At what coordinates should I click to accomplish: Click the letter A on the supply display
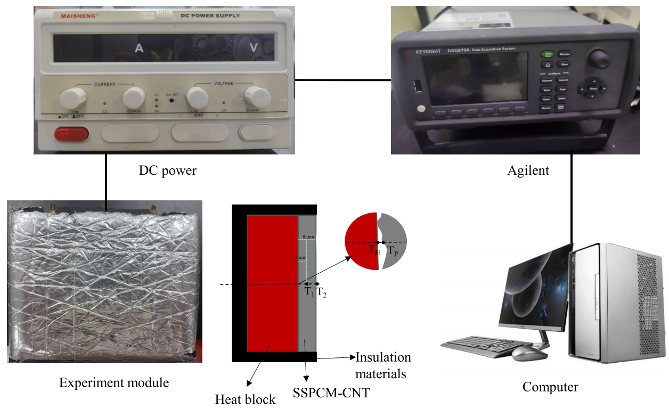(139, 48)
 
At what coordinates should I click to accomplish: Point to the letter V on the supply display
(254, 48)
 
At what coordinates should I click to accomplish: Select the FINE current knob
(72, 97)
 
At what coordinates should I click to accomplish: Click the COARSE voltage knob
(257, 97)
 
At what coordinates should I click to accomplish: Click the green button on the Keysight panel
(546, 54)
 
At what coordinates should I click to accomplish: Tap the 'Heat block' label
(246, 399)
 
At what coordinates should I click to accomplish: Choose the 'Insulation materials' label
(383, 365)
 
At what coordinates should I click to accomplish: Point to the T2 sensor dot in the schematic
(317, 283)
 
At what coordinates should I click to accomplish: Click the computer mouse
(524, 352)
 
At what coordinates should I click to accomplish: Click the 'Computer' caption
(550, 387)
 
